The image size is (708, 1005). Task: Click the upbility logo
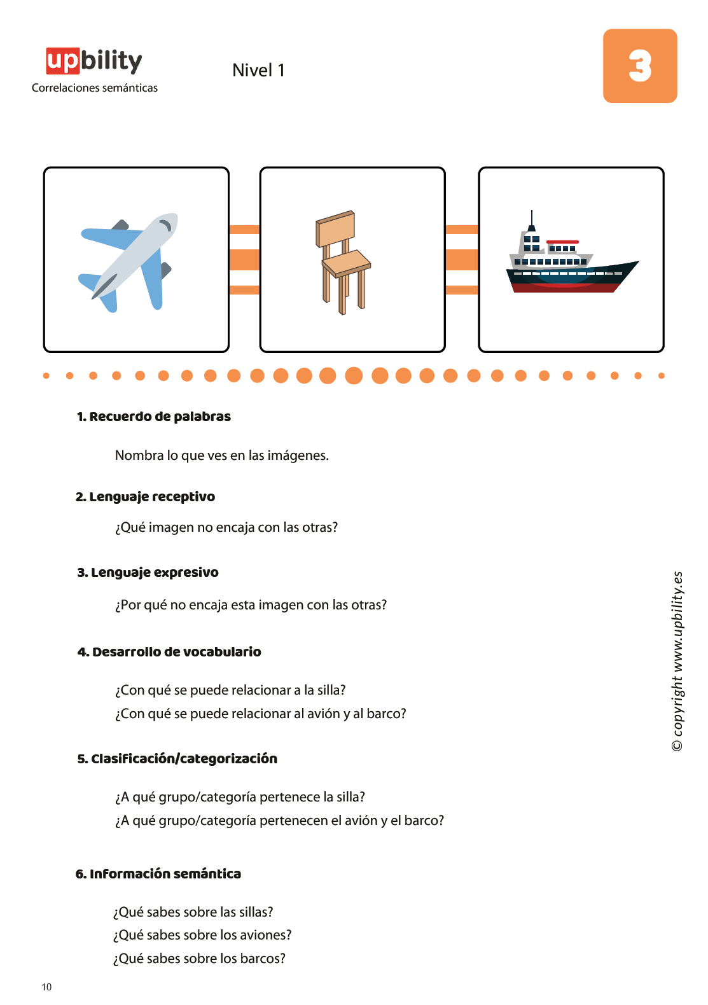click(x=94, y=61)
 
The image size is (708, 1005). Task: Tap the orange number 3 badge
click(x=639, y=66)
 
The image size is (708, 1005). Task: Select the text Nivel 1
click(x=258, y=70)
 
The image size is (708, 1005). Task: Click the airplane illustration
click(x=128, y=263)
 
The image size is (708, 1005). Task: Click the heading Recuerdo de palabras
click(x=153, y=417)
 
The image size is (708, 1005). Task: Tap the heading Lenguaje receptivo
click(x=145, y=497)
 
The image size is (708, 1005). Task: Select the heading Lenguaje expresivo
click(x=148, y=572)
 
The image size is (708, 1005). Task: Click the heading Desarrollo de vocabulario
click(x=169, y=651)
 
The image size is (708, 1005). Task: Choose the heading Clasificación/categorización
click(x=177, y=758)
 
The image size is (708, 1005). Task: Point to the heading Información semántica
click(x=158, y=873)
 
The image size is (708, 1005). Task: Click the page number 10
click(x=46, y=987)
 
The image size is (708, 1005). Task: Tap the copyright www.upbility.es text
click(x=677, y=662)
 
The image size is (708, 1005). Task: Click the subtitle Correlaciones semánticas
click(x=95, y=88)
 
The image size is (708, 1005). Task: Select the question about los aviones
click(x=202, y=935)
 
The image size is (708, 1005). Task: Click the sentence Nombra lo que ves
click(x=221, y=455)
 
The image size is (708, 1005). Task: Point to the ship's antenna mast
click(x=532, y=219)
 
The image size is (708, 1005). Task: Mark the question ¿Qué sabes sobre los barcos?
click(x=199, y=959)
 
